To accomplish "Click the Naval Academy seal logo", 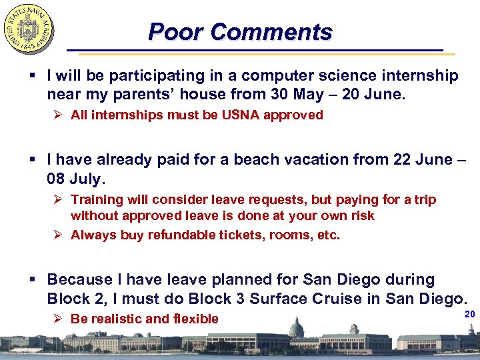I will (x=29, y=29).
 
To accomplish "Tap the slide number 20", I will (x=469, y=313).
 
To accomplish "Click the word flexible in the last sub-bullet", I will (x=194, y=319).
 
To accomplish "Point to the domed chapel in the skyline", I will (x=296, y=328).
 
